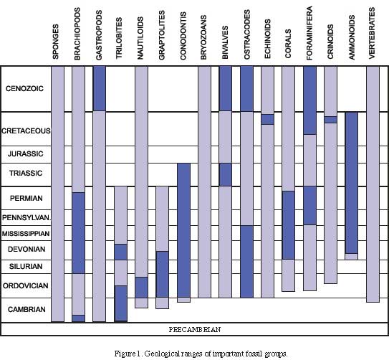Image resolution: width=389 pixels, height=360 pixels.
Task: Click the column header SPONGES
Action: [56, 42]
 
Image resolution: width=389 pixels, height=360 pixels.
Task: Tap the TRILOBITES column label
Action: [119, 38]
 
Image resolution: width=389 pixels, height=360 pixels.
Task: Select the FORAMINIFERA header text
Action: [309, 33]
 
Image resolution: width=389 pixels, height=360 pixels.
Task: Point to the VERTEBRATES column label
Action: [372, 33]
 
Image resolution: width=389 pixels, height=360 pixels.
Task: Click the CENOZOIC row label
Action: [24, 89]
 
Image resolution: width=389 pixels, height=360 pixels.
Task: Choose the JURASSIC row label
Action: [25, 154]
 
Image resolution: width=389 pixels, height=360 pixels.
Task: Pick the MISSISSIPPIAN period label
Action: [26, 234]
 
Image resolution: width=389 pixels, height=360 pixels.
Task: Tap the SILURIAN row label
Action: [26, 266]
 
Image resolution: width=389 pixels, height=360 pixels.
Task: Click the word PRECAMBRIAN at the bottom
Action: [195, 329]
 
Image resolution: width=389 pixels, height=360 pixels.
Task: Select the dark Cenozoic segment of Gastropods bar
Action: [100, 88]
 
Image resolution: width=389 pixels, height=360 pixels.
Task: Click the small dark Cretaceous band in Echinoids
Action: [268, 120]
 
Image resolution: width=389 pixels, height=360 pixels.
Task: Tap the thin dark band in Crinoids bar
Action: [331, 120]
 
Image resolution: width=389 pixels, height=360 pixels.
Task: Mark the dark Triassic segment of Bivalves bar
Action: [226, 174]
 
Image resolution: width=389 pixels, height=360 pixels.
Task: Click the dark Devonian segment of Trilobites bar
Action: [121, 252]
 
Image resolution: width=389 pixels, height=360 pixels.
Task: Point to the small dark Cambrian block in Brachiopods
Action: [79, 318]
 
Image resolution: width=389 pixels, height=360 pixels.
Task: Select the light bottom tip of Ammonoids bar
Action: [352, 257]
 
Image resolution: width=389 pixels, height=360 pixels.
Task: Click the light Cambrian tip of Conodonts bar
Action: [184, 300]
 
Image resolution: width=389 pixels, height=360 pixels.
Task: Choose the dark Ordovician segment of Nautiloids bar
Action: [141, 288]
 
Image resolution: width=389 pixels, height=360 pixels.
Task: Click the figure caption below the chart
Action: [201, 354]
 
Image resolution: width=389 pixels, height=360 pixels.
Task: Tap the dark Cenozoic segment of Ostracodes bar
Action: [247, 89]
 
